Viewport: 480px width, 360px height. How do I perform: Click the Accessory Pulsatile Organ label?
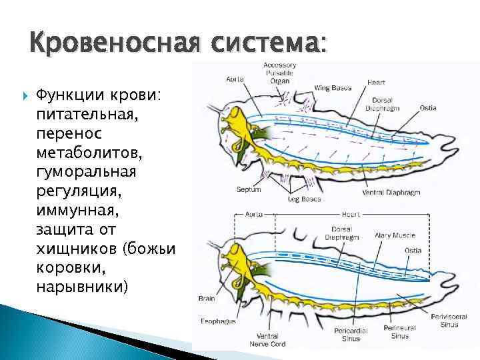coord(280,72)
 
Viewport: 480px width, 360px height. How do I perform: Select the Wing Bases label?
coord(333,86)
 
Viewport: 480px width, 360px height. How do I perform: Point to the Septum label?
coord(249,189)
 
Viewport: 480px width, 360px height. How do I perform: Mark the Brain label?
coord(206,299)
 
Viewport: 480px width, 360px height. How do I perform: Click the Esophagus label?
coord(219,321)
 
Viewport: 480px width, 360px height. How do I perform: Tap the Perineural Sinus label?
coord(400,332)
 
